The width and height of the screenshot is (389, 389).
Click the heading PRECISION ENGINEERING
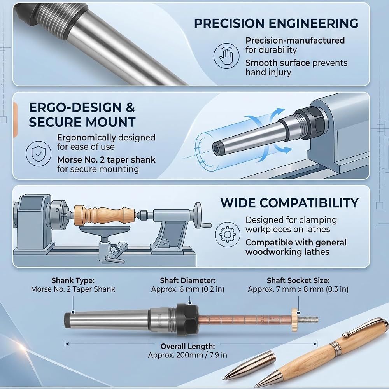point(276,23)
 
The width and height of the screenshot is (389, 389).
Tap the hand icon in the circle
point(226,56)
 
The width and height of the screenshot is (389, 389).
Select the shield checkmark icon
point(39,154)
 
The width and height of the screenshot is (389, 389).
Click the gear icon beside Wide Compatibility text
point(227,234)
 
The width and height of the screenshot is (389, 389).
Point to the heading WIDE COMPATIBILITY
point(289,203)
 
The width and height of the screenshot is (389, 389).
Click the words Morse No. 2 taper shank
point(106,160)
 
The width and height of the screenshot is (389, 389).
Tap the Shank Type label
point(73,280)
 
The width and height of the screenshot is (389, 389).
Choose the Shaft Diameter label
point(188,280)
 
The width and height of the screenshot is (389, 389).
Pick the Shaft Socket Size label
point(298,280)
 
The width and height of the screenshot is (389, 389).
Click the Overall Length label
point(188,346)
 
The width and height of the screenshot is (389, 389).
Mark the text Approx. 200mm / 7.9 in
point(187,355)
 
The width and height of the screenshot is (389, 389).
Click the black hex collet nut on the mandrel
point(187,320)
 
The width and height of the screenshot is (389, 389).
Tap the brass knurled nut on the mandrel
point(294,320)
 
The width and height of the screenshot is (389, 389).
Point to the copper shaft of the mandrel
point(245,319)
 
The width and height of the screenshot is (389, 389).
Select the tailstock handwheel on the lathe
point(198,215)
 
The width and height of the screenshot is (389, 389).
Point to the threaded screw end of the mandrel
point(308,319)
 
